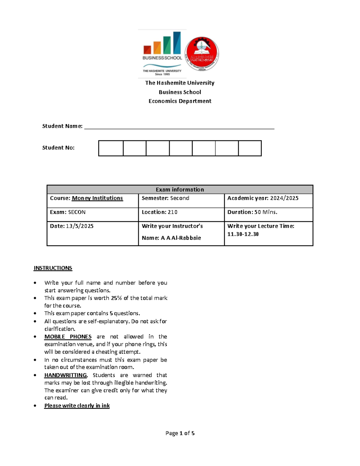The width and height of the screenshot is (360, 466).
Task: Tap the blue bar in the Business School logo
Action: click(x=177, y=43)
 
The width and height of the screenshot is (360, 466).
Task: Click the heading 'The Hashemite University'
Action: click(x=180, y=83)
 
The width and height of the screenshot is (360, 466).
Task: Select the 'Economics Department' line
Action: click(x=180, y=101)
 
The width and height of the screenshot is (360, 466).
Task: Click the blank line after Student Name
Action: click(x=179, y=126)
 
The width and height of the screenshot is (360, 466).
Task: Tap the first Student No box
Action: click(x=111, y=148)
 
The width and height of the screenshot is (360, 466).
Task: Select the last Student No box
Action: click(x=250, y=148)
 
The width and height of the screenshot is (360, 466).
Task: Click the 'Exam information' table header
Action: click(x=180, y=190)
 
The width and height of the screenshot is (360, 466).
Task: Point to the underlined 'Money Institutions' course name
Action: click(x=97, y=198)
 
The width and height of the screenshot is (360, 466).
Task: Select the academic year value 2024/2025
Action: click(x=284, y=198)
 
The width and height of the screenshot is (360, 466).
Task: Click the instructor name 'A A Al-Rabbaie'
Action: click(x=181, y=238)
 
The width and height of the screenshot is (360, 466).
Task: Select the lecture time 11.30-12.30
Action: click(x=243, y=234)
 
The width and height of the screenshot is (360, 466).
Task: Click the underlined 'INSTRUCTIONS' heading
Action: click(x=53, y=268)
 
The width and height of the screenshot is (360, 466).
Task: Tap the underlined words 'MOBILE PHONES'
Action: click(x=68, y=337)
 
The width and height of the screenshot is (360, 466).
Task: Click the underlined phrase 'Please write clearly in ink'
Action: click(x=77, y=406)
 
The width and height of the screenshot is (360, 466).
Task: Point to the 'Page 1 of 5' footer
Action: click(x=180, y=433)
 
